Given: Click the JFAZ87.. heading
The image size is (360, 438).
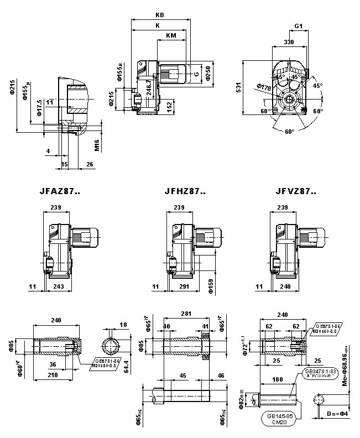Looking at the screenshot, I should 60,192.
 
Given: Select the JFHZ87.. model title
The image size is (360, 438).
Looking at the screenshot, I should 185,192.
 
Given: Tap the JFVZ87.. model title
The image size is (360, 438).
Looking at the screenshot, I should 296,192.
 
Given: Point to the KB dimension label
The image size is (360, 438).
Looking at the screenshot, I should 160,15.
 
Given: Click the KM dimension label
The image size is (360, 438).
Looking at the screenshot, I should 171,35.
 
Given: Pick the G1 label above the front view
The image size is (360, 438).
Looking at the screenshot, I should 298,26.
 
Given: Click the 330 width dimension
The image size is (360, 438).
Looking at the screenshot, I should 289,42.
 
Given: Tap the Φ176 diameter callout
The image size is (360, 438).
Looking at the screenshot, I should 264,86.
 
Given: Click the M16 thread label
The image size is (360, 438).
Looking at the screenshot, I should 96,145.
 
